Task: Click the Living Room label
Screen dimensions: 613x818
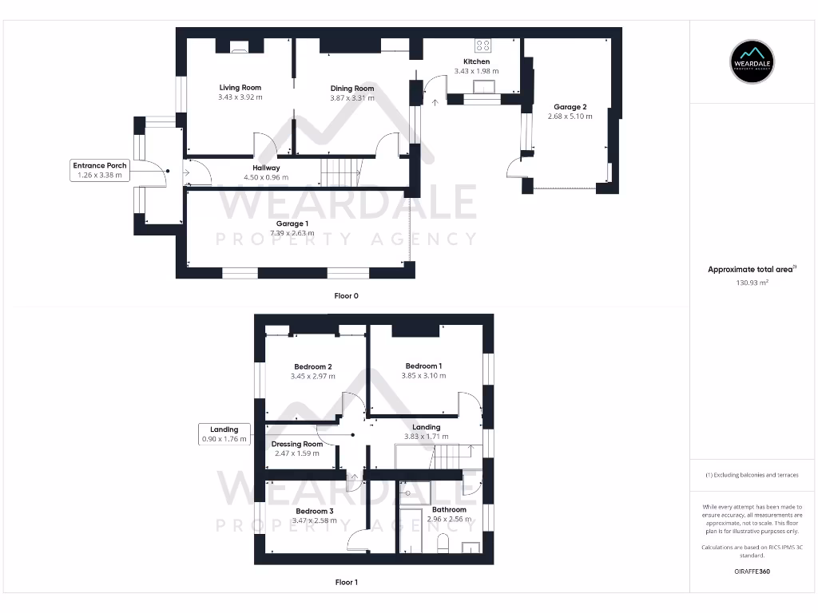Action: pyautogui.click(x=240, y=88)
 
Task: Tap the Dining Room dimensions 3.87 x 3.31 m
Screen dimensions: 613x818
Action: pyautogui.click(x=352, y=98)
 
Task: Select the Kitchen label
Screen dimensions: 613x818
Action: pyautogui.click(x=476, y=61)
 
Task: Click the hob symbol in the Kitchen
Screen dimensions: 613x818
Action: pyautogui.click(x=483, y=45)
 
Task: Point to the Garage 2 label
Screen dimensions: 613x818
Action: pyautogui.click(x=570, y=107)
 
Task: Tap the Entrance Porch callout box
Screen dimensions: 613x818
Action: pyautogui.click(x=101, y=170)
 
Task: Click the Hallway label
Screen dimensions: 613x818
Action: pyautogui.click(x=266, y=168)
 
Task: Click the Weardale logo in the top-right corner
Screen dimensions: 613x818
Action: pyautogui.click(x=752, y=61)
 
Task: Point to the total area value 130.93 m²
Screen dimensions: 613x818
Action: pyautogui.click(x=752, y=283)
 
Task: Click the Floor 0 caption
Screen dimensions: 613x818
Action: pyautogui.click(x=346, y=296)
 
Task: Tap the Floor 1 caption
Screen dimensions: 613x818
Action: pyautogui.click(x=346, y=583)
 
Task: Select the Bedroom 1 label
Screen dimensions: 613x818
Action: pyautogui.click(x=423, y=366)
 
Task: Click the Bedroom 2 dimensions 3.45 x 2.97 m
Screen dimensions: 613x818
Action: pyautogui.click(x=312, y=376)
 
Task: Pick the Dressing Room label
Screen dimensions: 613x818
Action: pyautogui.click(x=296, y=444)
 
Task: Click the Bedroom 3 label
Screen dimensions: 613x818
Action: pyautogui.click(x=314, y=511)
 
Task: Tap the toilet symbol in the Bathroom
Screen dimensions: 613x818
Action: pyautogui.click(x=443, y=544)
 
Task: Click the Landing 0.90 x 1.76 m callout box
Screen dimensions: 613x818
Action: pyautogui.click(x=224, y=433)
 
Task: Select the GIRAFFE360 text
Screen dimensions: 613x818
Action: pyautogui.click(x=752, y=571)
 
